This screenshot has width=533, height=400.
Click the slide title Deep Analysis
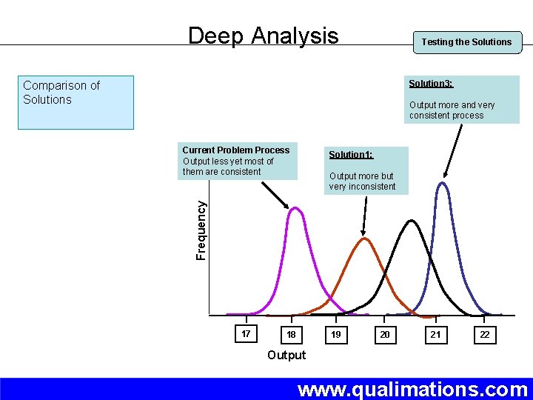263,36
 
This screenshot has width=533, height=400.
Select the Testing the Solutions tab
466,42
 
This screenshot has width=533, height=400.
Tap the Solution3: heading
431,84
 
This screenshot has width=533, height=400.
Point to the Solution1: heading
351,155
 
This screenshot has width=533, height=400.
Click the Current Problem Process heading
235,150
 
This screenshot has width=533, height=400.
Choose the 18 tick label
292,335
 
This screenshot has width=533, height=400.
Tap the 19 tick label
336,335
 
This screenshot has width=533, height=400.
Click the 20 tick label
385,335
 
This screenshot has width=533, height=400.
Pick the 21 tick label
435,335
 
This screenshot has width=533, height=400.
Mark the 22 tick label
484,335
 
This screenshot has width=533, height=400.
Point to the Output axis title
286,356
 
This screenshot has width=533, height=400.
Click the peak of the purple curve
295,208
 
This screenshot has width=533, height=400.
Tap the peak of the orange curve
363,239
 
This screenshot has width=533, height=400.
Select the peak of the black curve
410,221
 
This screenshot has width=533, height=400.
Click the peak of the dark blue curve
443,183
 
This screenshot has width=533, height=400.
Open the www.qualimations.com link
412,389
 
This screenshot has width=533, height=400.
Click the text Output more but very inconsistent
363,181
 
